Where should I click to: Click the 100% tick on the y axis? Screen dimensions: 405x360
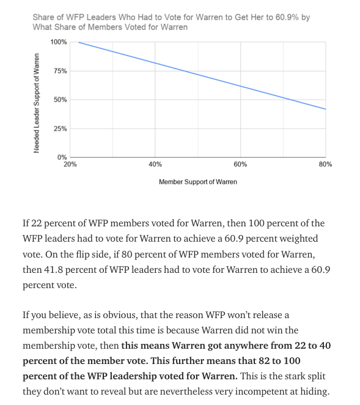point(59,42)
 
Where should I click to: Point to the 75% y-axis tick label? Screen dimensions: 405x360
point(60,71)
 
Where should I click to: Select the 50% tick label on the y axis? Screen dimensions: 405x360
point(60,100)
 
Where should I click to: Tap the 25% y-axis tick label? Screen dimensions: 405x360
point(60,128)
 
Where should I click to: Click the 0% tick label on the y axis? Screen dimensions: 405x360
point(62,157)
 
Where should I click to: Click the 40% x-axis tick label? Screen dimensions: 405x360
point(155,164)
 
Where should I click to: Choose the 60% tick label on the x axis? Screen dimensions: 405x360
point(240,164)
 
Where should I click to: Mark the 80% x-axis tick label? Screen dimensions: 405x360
point(325,164)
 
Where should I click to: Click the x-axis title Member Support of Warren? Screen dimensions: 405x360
point(197,182)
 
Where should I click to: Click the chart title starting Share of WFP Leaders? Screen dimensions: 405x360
point(171,22)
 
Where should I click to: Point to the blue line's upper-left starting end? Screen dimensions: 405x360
point(78,42)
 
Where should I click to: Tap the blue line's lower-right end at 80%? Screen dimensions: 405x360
point(325,109)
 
